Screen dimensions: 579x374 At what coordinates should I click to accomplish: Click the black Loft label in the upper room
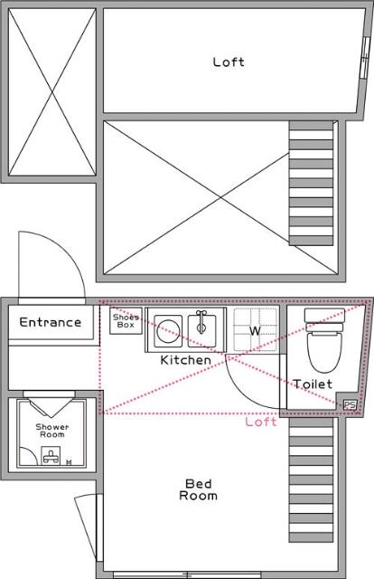[229, 62]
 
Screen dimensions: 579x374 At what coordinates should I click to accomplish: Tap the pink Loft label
[261, 422]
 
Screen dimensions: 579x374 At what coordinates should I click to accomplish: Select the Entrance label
[51, 322]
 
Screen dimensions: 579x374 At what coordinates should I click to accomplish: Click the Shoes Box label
[126, 321]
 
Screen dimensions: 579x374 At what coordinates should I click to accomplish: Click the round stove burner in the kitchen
[166, 331]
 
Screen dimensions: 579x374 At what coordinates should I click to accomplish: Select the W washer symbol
[255, 331]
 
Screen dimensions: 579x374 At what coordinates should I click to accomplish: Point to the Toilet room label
[313, 384]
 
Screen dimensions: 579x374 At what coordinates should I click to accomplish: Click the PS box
[350, 404]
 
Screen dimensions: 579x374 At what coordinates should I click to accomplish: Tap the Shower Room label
[51, 431]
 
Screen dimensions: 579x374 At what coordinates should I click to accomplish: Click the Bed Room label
[198, 489]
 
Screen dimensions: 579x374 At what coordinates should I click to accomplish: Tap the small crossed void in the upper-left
[51, 93]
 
